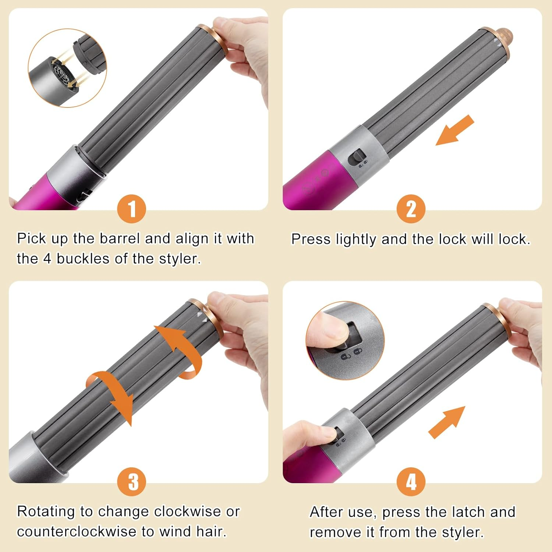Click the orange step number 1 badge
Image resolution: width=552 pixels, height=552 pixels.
coord(131,209)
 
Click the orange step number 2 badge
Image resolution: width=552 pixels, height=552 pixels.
coord(411,209)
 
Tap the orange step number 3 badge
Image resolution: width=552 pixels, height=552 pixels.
coord(131,482)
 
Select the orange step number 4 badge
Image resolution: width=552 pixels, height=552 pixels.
coord(411,482)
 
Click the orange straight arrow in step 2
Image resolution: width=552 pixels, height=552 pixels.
coord(454,130)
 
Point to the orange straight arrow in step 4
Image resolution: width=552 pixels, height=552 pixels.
coord(447,422)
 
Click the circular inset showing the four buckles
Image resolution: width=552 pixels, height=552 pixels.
coord(67,68)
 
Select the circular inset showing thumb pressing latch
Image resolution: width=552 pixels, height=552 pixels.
coord(345,340)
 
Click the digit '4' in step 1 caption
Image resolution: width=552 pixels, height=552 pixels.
coord(47,259)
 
